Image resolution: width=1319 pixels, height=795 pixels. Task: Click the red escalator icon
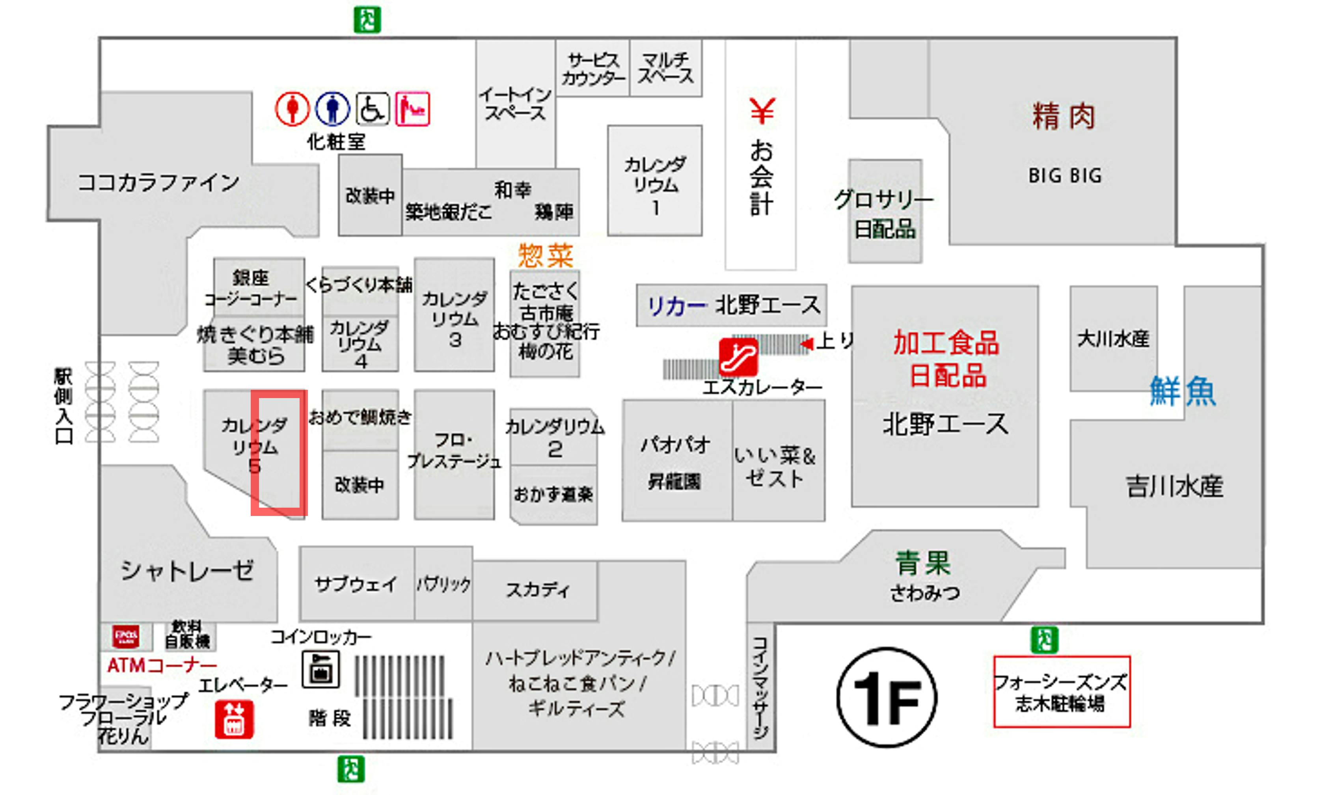[x=738, y=357]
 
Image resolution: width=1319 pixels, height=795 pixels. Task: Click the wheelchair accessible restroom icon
[x=373, y=109]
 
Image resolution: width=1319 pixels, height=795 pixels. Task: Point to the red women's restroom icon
[x=292, y=109]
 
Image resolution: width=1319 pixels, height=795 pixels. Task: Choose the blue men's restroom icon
[x=332, y=109]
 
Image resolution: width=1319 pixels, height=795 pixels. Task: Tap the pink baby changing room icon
[x=412, y=109]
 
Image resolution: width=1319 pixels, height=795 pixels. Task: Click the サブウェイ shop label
[x=356, y=583]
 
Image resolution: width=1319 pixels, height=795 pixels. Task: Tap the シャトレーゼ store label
[x=187, y=570]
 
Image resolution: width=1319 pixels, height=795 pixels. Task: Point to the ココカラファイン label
[x=158, y=182]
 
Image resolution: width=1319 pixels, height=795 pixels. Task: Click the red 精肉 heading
[x=1063, y=117]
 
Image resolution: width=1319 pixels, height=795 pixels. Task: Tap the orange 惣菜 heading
[x=545, y=255]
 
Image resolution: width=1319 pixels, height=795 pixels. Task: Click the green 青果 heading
[x=923, y=563]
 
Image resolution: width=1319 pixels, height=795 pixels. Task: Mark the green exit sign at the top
[x=367, y=20]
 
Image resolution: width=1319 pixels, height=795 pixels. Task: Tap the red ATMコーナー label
[x=162, y=665]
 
